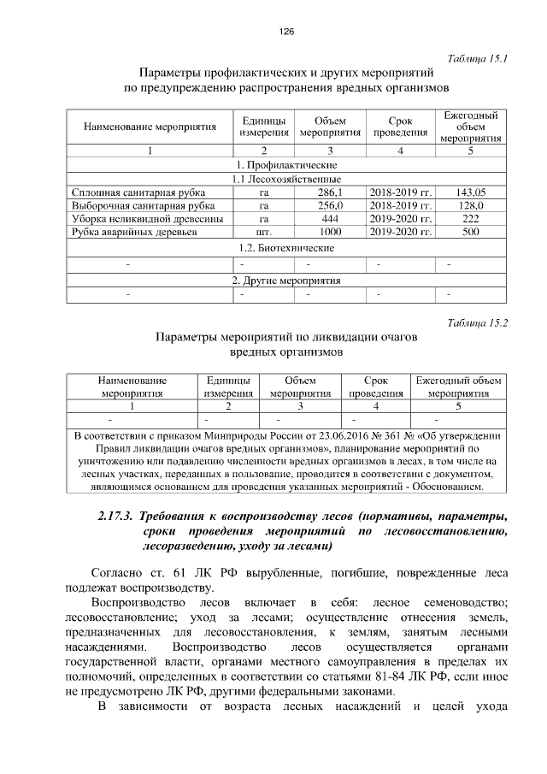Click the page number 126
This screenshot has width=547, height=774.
point(285,32)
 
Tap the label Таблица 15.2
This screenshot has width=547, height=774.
point(478,322)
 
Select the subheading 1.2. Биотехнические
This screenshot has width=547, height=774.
point(285,248)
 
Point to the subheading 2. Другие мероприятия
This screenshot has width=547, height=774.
point(285,280)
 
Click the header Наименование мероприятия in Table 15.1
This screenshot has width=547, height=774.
point(150,127)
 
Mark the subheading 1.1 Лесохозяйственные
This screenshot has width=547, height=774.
point(285,179)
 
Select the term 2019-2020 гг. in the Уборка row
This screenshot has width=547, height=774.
point(401,219)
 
